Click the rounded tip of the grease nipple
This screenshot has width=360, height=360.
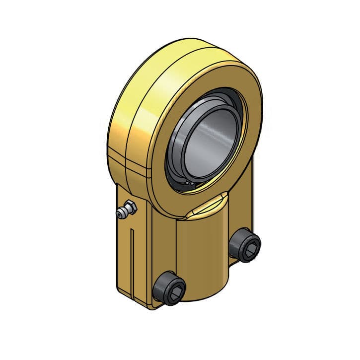[120, 214]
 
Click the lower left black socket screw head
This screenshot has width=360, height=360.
[169, 288]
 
